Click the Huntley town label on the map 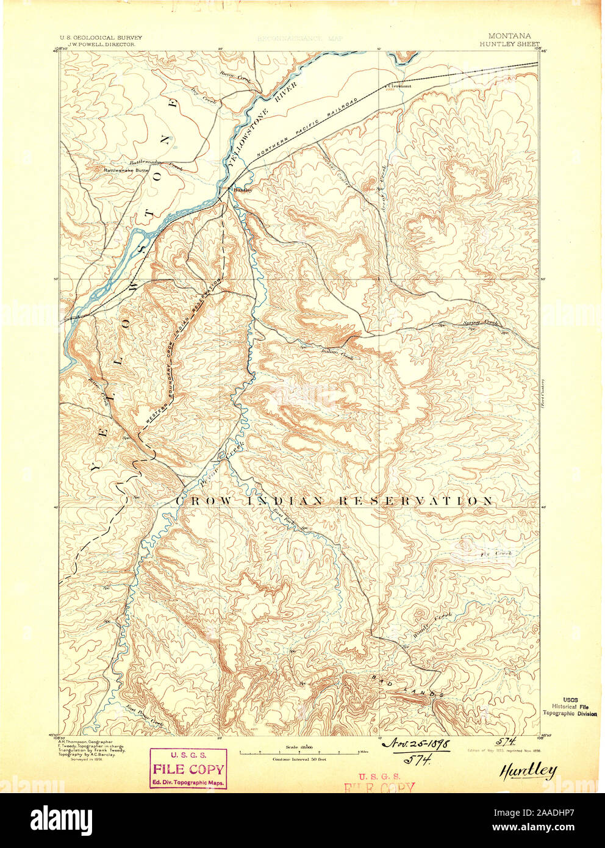pyautogui.click(x=242, y=190)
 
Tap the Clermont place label pyautogui.click(x=399, y=86)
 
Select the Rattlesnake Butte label pyautogui.click(x=127, y=170)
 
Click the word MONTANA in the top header pyautogui.click(x=509, y=37)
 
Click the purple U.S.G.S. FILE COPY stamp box pyautogui.click(x=188, y=769)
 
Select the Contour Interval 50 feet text pyautogui.click(x=299, y=759)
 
